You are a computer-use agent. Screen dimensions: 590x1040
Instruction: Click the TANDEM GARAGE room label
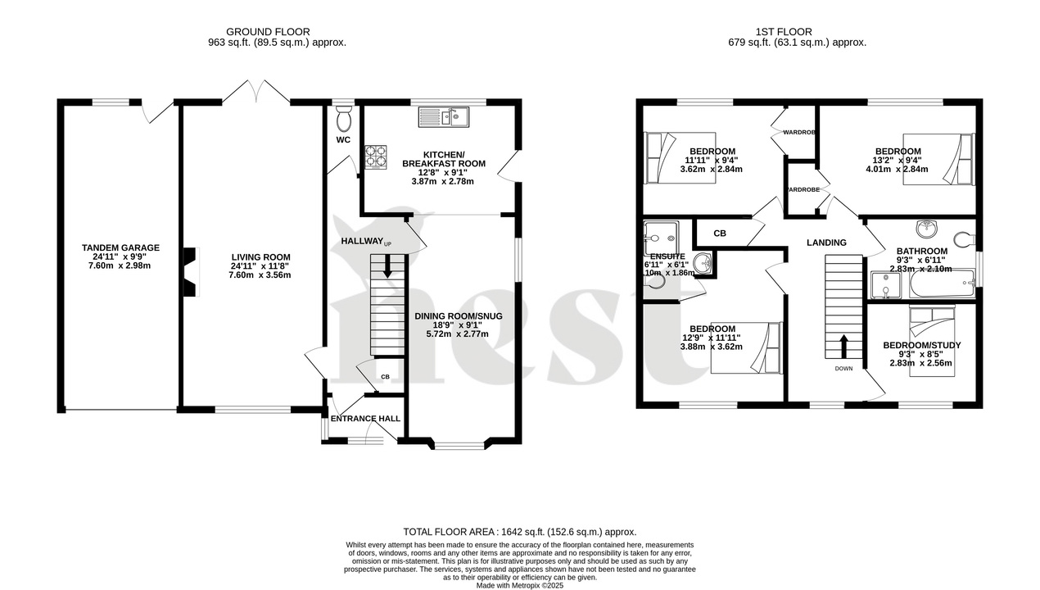120,247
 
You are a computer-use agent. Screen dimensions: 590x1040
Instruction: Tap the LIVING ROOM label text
260,256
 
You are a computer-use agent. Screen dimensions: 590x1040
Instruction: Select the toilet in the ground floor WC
343,120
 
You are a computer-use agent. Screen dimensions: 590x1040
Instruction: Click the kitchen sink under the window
442,117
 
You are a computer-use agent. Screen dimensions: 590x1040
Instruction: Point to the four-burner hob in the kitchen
375,157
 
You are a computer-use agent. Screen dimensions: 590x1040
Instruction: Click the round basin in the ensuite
703,263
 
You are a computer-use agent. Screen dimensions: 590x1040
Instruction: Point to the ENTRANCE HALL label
365,418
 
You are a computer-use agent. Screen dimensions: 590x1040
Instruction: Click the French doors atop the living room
255,91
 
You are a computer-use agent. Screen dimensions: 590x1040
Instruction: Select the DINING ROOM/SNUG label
458,315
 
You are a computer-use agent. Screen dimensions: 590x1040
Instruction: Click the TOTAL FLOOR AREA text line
519,532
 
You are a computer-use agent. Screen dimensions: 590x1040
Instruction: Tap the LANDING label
826,243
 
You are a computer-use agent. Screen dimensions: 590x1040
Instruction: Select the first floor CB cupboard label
719,234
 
